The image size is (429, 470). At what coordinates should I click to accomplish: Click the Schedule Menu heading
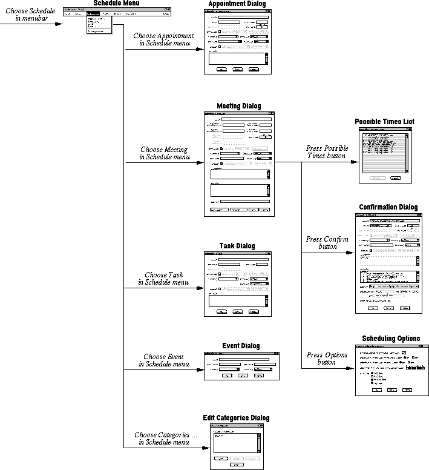[x=117, y=4]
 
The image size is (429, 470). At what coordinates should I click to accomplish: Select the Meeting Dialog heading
[x=238, y=106]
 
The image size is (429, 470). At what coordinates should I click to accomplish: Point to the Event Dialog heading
[x=240, y=346]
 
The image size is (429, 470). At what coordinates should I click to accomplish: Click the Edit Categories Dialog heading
[x=236, y=418]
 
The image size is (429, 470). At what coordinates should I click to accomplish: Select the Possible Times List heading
[x=384, y=122]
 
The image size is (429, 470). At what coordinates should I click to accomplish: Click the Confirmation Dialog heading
[x=387, y=207]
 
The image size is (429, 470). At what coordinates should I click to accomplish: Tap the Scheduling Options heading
[x=391, y=339]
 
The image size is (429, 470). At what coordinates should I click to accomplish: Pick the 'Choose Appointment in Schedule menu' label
[x=164, y=40]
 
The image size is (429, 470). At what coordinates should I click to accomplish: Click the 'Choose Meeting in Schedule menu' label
[x=164, y=153]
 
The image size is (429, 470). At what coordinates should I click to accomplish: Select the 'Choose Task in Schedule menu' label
[x=163, y=279]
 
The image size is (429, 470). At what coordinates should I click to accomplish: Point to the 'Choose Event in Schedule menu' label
[x=164, y=360]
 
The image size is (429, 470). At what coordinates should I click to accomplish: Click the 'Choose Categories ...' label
[x=165, y=439]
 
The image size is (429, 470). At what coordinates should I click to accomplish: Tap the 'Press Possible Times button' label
[x=327, y=152]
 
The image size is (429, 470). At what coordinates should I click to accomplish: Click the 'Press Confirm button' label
[x=327, y=243]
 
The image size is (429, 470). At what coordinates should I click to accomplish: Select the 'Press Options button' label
[x=327, y=359]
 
